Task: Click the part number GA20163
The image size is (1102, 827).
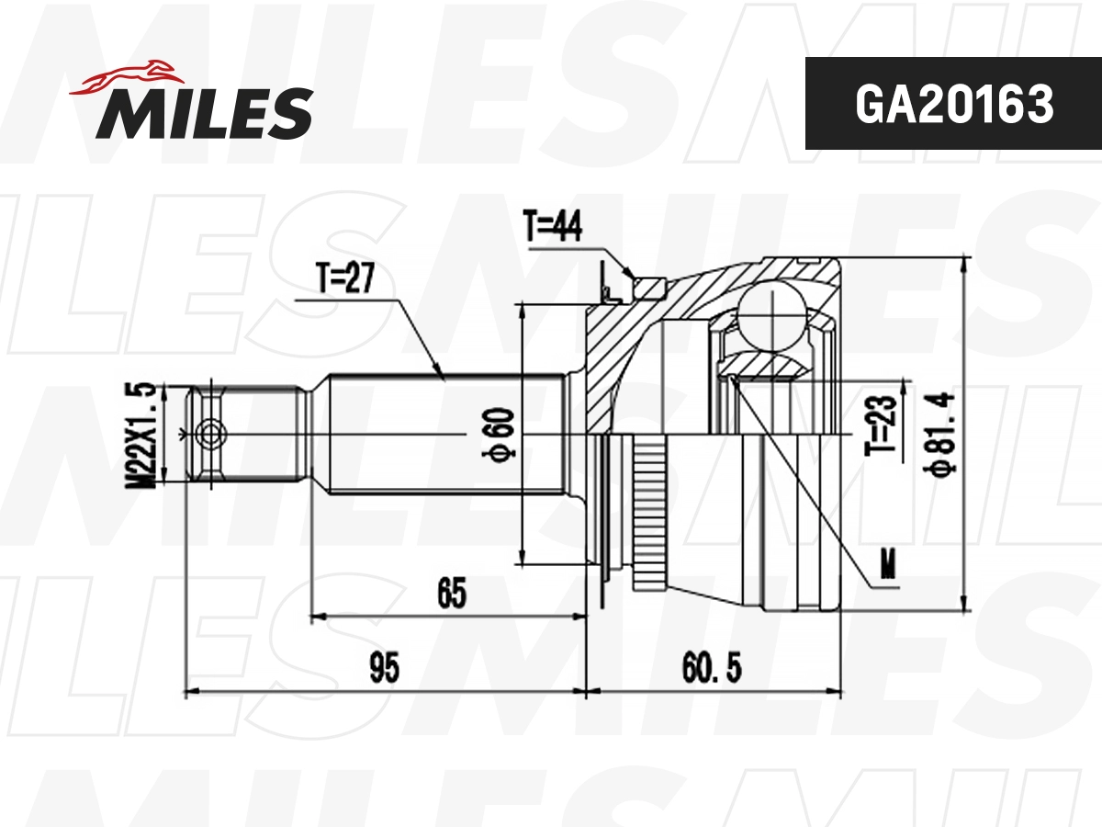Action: [x=953, y=105]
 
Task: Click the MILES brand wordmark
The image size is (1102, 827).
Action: [x=204, y=112]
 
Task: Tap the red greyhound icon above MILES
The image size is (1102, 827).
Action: [x=129, y=76]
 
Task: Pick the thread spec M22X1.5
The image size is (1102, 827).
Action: [x=142, y=433]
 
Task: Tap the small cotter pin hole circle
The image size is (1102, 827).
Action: [x=211, y=433]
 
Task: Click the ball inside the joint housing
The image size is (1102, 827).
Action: [x=774, y=316]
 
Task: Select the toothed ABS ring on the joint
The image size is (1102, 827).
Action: [x=648, y=515]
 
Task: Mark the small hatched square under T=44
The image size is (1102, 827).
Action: [x=651, y=288]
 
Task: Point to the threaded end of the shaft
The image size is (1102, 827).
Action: [x=248, y=433]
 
